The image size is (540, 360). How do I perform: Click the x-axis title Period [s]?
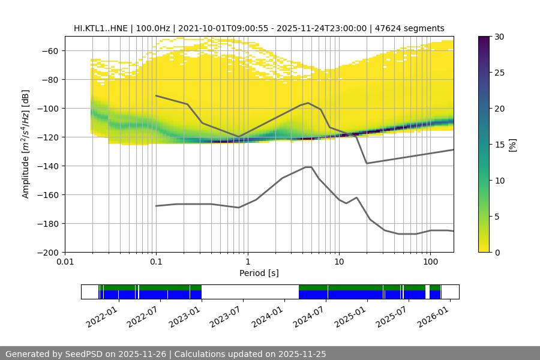(259, 274)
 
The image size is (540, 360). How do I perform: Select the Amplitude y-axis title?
(25, 144)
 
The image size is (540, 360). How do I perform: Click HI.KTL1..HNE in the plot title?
(101, 28)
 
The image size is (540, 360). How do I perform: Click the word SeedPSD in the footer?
(83, 354)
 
